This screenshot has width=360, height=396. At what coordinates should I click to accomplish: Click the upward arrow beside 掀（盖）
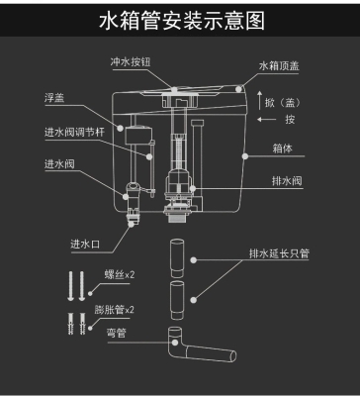point(259,99)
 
